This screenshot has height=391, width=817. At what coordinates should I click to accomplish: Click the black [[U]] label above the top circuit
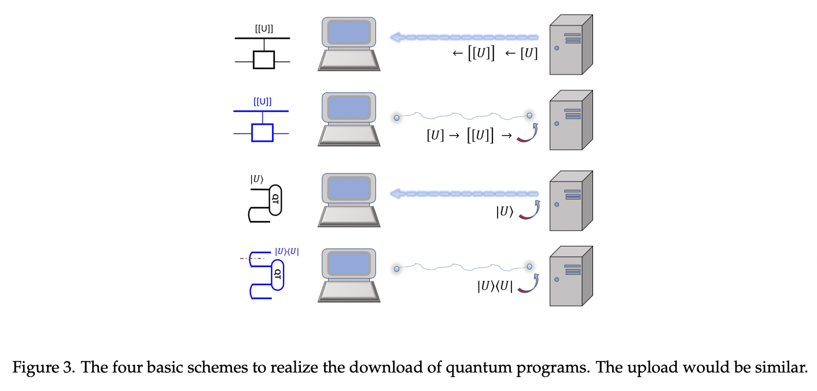tap(264, 29)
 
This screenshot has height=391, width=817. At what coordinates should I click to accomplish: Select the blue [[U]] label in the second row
tap(262, 102)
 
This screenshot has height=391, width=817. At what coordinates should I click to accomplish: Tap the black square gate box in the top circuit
tap(264, 60)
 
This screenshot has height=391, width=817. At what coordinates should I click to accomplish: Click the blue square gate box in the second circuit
tap(262, 132)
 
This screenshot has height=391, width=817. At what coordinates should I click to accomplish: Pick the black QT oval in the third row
tap(275, 200)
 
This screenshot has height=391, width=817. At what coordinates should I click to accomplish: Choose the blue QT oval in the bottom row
tap(278, 274)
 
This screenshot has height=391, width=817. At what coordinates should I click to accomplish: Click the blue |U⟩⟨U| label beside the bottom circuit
tap(287, 252)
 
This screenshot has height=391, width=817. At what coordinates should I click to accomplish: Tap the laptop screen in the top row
tap(349, 32)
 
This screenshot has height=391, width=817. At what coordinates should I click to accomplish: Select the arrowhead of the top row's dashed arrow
tap(396, 38)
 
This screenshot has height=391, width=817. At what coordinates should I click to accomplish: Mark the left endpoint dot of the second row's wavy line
tap(397, 118)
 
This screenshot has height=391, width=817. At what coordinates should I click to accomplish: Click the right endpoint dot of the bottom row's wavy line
tap(529, 266)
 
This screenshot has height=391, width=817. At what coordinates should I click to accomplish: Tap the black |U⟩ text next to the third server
tap(504, 212)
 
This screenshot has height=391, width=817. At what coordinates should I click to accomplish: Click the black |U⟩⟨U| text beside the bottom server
tap(495, 286)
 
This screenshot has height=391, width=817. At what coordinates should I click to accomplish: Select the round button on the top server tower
tap(557, 49)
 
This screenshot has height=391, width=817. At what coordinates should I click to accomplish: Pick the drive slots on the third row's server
tap(573, 194)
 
